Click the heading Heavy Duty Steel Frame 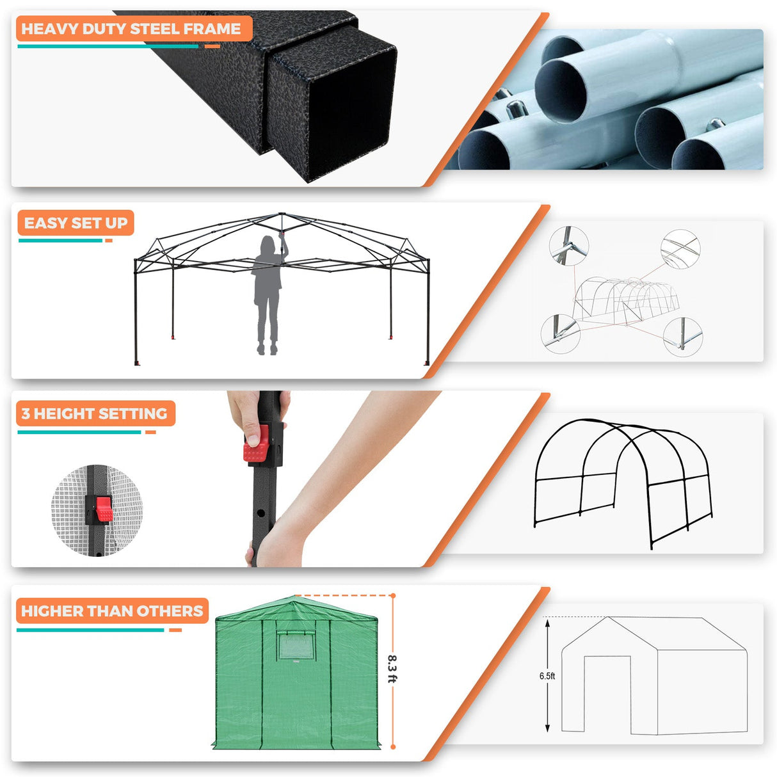tap(131, 29)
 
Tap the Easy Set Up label tap(76, 223)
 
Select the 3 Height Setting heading tap(94, 413)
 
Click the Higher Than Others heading tap(112, 611)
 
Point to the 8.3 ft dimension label tap(392, 669)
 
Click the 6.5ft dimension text tap(547, 676)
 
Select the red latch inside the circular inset tap(103, 509)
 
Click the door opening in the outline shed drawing tap(607, 694)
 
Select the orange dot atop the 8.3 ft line tap(392, 596)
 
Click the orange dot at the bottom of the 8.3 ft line tap(392, 746)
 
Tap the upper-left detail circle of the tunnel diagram tap(568, 244)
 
